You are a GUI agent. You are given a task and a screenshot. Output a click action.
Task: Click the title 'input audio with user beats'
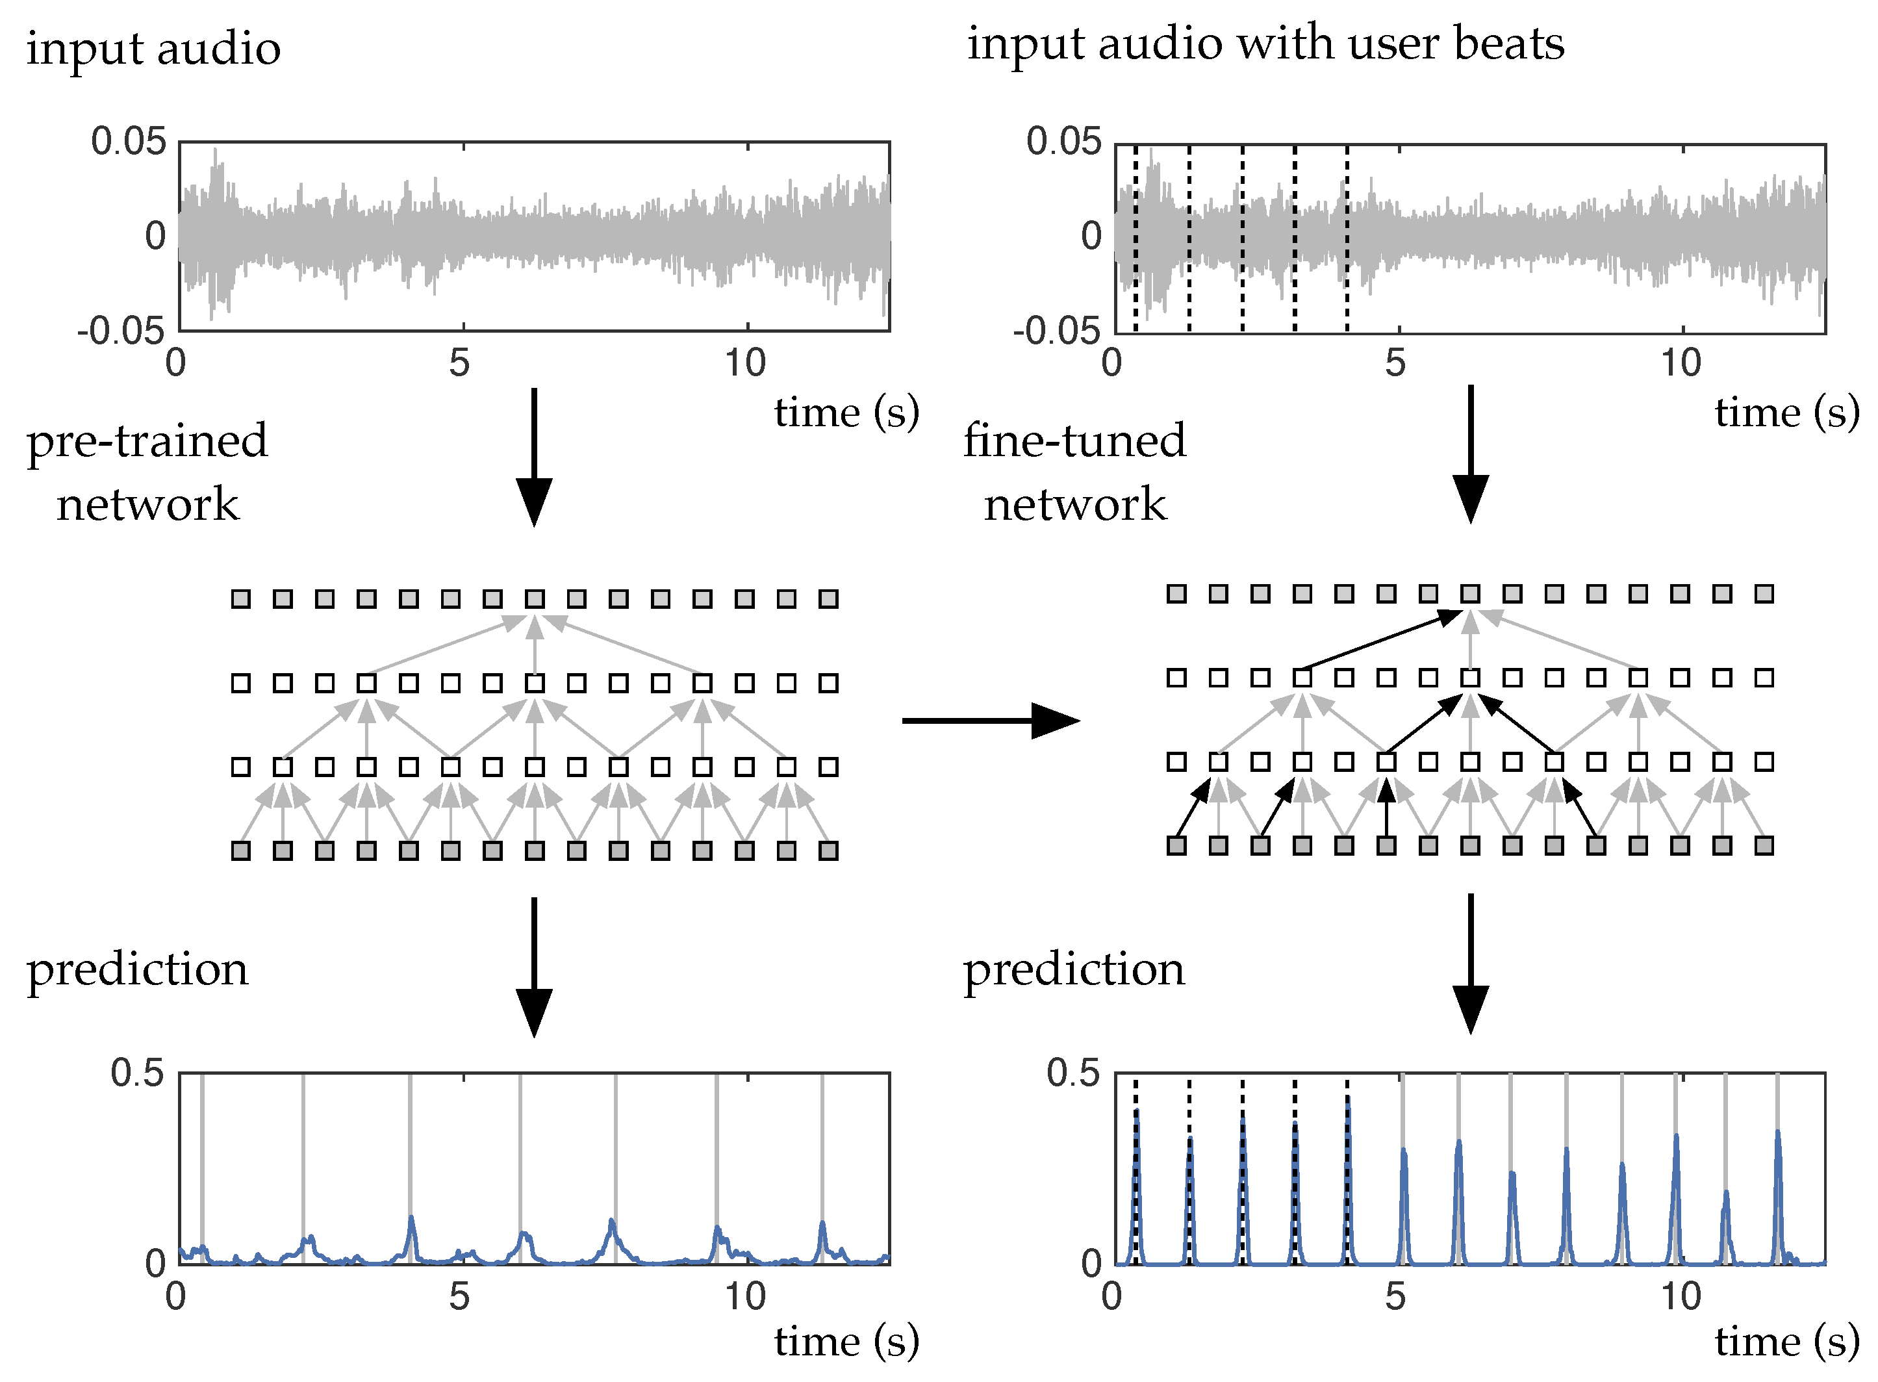pos(1265,44)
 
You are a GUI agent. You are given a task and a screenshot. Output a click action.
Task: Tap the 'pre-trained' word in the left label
pos(147,442)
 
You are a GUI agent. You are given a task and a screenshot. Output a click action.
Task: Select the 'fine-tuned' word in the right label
pos(1074,441)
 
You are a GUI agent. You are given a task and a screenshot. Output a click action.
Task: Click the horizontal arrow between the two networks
pos(990,721)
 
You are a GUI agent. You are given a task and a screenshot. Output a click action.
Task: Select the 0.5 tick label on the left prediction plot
pos(138,1073)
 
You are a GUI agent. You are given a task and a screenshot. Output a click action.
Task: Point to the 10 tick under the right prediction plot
pos(1680,1297)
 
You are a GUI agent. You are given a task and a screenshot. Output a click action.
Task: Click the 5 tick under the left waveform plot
pos(459,364)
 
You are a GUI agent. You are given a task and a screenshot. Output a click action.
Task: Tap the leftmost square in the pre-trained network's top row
pos(241,599)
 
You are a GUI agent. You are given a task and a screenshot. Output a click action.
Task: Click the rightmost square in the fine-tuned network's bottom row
pos(1764,846)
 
